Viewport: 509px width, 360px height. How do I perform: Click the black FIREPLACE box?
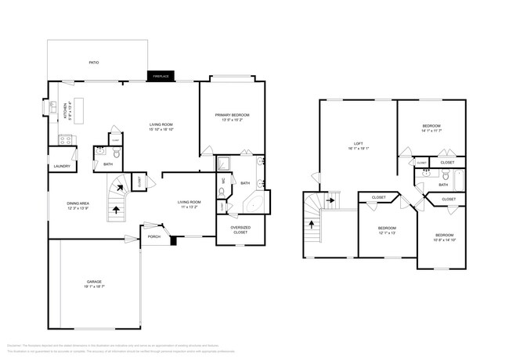pos(161,76)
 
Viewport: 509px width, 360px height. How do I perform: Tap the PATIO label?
pos(93,63)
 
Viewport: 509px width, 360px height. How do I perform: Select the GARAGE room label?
pos(94,282)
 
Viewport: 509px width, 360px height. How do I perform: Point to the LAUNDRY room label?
pos(62,166)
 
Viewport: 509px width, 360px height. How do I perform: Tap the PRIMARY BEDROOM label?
pos(232,115)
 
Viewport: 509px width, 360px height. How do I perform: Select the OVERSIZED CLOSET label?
pos(240,230)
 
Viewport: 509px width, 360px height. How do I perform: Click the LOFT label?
pos(359,143)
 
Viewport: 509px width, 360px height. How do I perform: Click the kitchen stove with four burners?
pos(66,140)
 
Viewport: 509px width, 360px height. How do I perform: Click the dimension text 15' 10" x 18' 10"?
pos(161,130)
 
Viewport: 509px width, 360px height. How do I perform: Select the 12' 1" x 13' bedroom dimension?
pos(376,233)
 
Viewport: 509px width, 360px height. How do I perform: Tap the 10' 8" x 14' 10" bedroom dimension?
pos(444,239)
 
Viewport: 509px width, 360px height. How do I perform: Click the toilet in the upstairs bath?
pos(444,176)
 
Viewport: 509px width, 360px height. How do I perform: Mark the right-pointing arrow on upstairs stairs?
pos(330,200)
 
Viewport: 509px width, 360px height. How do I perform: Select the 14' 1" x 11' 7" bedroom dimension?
pos(431,131)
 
